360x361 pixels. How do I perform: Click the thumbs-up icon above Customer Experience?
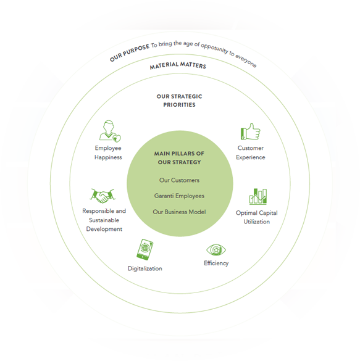(250, 131)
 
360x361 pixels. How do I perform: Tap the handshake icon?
(103, 196)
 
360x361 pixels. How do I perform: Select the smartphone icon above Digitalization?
(145, 249)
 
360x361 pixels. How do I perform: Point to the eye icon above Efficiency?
(216, 250)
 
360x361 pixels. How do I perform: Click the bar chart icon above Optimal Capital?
(258, 196)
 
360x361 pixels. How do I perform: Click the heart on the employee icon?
(117, 138)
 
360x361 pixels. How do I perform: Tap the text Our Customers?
(179, 180)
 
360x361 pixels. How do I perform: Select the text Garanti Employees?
(179, 196)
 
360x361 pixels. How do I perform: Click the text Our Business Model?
(179, 212)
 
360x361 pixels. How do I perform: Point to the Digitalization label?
(145, 268)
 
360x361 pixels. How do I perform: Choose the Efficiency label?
(216, 263)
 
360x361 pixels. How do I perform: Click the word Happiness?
(108, 157)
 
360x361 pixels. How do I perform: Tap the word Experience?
(250, 157)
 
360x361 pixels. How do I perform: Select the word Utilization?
(257, 222)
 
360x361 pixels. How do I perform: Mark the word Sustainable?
(104, 220)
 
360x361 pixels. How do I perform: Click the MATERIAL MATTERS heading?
(178, 65)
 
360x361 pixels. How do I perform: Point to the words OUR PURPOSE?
(130, 53)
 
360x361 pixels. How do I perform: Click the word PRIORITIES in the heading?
(179, 105)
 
